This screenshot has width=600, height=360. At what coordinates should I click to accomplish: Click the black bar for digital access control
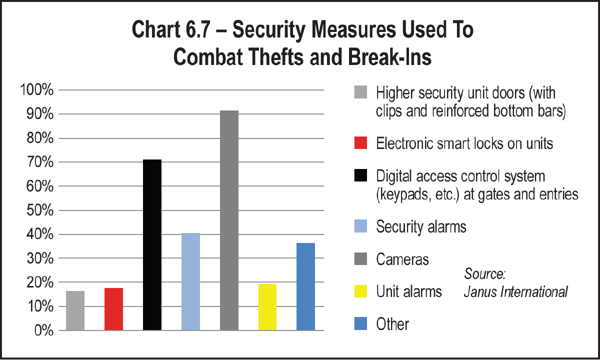[x=152, y=245]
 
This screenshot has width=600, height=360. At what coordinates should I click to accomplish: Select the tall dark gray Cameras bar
[x=229, y=220]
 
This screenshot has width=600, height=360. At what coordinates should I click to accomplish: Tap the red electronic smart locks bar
[x=113, y=309]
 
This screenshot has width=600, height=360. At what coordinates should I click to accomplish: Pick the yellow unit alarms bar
[x=267, y=307]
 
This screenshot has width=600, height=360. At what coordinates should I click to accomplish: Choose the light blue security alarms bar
[x=190, y=281]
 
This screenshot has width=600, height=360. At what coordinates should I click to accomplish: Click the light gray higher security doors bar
[x=75, y=310]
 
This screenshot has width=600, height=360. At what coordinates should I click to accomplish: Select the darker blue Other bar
[x=305, y=286]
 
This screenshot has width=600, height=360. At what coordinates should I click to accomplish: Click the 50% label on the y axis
[x=38, y=210]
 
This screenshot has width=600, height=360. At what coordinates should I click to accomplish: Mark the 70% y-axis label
[x=38, y=162]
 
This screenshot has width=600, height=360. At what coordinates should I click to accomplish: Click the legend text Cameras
[x=402, y=259]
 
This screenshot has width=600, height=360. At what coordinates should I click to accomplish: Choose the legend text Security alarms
[x=421, y=226]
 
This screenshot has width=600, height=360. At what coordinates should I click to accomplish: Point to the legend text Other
[x=392, y=323]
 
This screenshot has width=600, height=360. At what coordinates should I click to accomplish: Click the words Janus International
[x=515, y=292]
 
